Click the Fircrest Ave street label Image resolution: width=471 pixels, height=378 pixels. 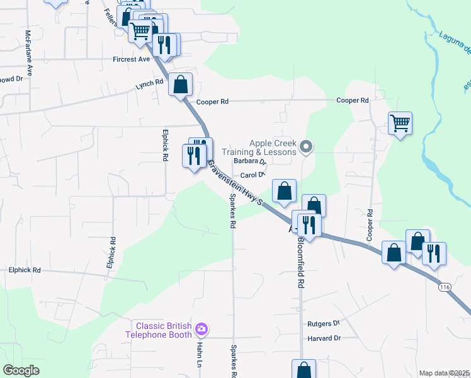pos(132,59)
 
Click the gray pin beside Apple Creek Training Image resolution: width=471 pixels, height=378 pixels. pos(306,147)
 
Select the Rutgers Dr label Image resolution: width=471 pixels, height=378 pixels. pos(324,323)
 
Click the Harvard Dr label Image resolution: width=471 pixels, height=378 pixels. pos(324,338)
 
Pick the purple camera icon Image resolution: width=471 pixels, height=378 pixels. pos(201,329)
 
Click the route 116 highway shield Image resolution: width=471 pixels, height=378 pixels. pos(445,287)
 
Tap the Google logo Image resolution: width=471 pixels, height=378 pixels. pos(21,370)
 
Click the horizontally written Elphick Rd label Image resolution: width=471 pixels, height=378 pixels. pos(25,270)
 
